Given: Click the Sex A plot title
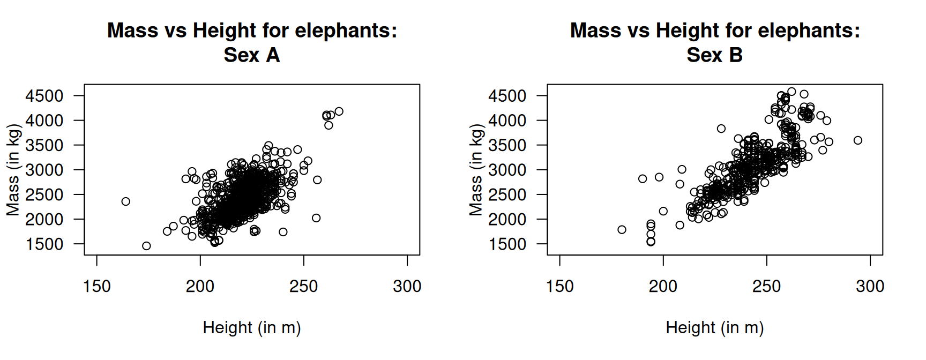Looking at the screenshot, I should (x=252, y=42).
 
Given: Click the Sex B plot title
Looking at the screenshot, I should (x=715, y=42).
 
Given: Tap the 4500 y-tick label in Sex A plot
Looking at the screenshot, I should (x=44, y=96).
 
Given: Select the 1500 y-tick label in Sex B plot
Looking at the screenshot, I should (x=507, y=244).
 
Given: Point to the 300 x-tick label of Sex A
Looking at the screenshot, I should (x=407, y=287).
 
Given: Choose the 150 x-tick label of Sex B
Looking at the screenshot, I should (x=559, y=287).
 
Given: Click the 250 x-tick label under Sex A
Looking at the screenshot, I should (x=304, y=287).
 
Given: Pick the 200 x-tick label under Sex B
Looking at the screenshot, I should (x=663, y=287).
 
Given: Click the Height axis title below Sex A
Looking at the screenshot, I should (x=252, y=327).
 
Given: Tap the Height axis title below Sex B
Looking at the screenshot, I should (x=715, y=327).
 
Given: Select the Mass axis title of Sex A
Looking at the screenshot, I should (x=13, y=170).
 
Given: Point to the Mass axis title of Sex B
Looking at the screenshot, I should (x=476, y=170).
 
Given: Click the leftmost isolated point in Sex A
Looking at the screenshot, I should (x=126, y=201).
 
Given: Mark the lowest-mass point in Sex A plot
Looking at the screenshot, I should (x=146, y=246).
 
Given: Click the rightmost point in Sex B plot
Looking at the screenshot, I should (x=858, y=140).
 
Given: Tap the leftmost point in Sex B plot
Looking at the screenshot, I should (x=622, y=230).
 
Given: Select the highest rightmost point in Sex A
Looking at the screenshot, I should (x=339, y=111).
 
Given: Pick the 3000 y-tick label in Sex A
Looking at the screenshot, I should (x=44, y=170).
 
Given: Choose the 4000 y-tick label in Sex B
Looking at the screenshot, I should (x=507, y=121).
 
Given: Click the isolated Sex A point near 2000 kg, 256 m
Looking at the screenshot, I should (x=316, y=218).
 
